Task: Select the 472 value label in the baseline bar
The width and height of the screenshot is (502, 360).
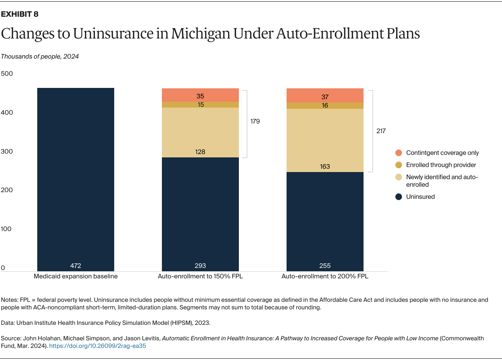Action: click(76, 265)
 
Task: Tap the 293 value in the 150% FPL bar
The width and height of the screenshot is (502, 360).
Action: click(200, 265)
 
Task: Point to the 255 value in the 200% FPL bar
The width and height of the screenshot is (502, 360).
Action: click(325, 265)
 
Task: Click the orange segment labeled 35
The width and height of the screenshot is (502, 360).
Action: click(200, 96)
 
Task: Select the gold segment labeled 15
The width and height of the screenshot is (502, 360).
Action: click(200, 105)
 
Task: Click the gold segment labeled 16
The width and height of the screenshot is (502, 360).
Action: click(325, 105)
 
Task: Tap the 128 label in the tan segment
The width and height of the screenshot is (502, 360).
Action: click(200, 152)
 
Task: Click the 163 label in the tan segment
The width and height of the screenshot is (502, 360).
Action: click(325, 166)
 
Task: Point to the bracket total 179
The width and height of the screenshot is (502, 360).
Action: click(255, 121)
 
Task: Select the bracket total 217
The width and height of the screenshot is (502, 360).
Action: click(381, 131)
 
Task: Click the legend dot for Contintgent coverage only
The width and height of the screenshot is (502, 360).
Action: click(398, 153)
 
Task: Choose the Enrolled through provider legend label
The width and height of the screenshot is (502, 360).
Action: click(441, 165)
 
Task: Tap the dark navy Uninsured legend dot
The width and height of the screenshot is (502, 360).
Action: click(398, 197)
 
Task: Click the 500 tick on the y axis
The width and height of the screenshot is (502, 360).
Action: click(7, 74)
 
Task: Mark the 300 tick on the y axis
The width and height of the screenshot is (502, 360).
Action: click(7, 152)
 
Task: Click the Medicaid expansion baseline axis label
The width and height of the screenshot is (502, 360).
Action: click(76, 277)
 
